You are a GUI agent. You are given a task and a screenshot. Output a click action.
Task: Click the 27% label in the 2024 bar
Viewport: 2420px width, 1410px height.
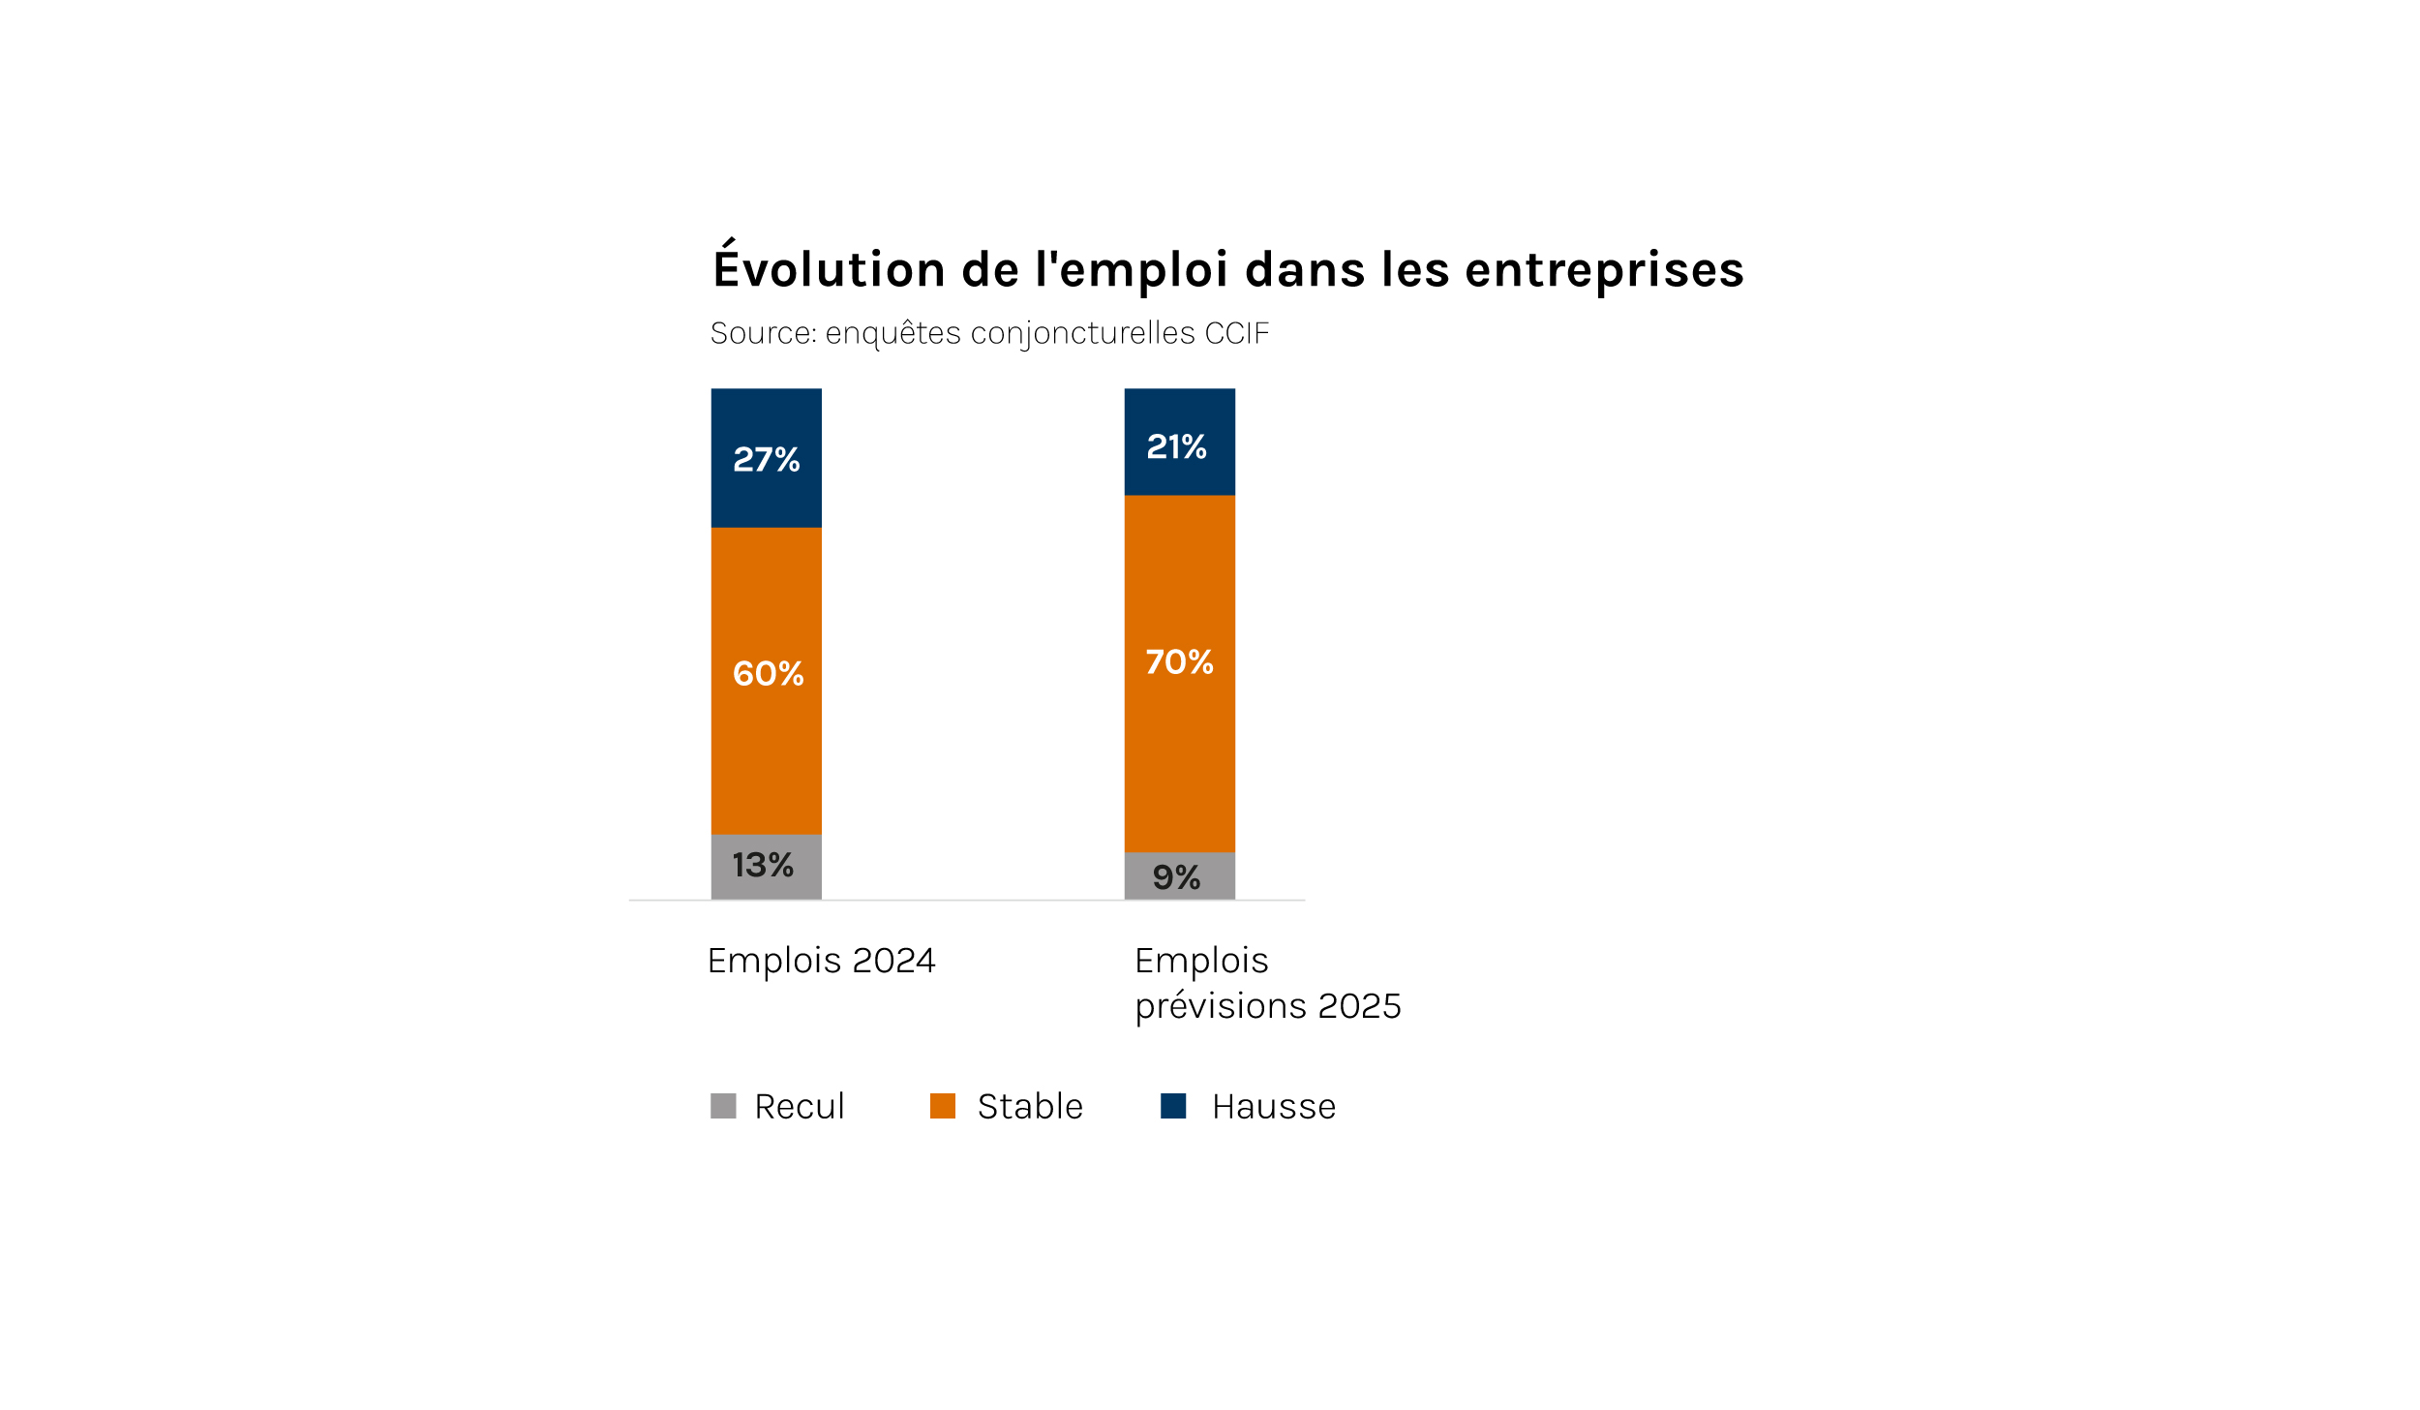(766, 459)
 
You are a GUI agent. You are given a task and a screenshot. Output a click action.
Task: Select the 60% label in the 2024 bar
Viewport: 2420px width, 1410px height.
(768, 673)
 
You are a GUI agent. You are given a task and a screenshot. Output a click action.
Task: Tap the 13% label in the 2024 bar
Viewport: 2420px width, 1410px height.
(763, 865)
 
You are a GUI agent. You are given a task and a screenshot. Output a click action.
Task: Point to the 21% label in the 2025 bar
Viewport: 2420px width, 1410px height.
(1176, 446)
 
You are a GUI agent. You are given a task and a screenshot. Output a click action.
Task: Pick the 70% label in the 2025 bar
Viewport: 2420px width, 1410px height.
(1179, 661)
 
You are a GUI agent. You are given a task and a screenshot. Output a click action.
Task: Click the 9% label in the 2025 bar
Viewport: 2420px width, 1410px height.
(1176, 877)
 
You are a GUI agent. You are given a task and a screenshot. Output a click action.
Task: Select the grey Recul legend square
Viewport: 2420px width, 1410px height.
(723, 1106)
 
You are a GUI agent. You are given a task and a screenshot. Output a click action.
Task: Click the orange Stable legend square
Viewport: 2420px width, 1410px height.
(942, 1106)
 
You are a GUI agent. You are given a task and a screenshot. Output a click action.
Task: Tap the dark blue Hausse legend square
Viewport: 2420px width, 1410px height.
(1173, 1106)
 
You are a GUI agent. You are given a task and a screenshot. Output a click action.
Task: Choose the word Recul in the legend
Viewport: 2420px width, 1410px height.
(800, 1107)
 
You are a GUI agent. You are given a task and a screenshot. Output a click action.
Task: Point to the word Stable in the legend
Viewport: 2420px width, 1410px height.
(1030, 1107)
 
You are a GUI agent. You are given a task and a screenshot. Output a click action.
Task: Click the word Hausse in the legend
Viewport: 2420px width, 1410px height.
(1274, 1107)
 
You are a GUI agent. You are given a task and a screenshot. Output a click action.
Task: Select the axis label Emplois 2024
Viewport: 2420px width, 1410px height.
(821, 961)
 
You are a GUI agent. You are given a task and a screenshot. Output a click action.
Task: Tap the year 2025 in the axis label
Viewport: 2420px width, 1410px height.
(1359, 1006)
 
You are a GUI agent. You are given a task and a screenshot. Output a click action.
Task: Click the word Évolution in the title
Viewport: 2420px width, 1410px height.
(829, 268)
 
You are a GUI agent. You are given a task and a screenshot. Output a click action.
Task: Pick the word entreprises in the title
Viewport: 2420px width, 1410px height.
(1604, 270)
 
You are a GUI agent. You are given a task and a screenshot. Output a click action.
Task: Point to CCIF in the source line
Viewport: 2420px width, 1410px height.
(1236, 333)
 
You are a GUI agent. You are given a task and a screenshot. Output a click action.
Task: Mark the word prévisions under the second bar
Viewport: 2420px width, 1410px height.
(1221, 1007)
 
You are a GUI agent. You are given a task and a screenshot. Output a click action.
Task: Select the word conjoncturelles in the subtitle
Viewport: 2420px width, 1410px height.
(1082, 334)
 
